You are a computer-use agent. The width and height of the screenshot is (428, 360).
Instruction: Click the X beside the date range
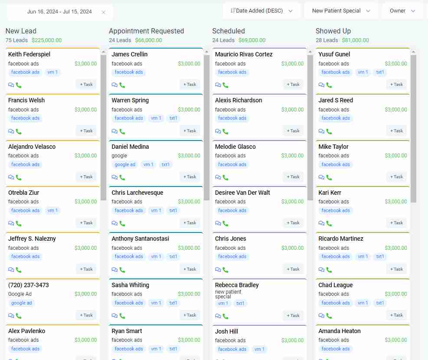103,12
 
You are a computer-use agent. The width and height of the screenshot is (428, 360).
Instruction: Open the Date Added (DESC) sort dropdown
262,11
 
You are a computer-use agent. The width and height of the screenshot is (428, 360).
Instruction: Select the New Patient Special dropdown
341,11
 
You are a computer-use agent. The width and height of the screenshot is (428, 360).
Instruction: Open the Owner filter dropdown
402,11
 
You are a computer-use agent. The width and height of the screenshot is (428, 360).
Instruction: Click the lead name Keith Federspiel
29,54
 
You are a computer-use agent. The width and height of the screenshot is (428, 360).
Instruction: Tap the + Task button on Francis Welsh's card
86,131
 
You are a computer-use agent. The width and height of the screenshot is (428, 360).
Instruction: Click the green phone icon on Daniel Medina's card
122,177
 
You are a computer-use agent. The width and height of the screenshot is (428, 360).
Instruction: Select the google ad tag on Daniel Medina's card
125,164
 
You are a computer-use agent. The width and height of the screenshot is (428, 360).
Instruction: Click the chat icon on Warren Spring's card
114,131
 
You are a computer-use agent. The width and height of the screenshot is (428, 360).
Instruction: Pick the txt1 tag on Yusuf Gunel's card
380,72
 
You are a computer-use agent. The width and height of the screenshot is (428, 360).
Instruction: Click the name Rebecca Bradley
237,285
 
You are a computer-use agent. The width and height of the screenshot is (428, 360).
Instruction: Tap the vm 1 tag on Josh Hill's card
259,349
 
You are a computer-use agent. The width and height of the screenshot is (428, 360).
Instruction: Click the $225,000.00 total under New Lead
46,40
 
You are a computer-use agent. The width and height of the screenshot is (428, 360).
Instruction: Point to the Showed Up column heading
333,31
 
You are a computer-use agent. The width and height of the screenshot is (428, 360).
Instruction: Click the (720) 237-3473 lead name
29,285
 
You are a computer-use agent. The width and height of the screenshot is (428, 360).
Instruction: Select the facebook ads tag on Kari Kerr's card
336,210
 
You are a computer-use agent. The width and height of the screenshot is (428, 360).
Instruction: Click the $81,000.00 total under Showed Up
355,40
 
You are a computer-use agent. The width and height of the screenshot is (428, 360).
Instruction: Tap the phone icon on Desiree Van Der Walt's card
225,223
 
